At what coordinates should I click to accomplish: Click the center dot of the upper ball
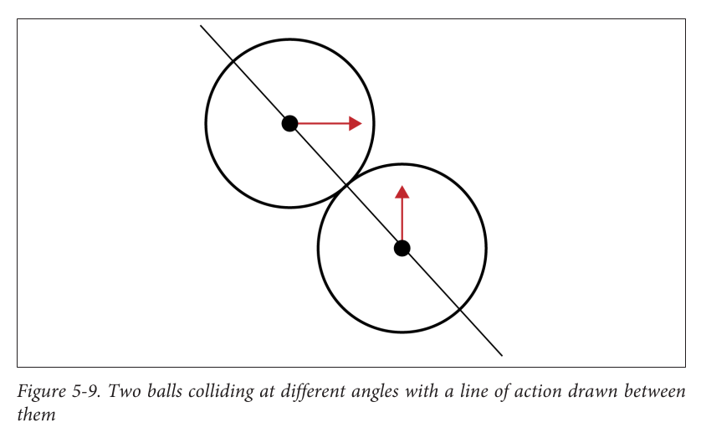pos(289,124)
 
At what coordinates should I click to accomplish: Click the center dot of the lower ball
pos(402,248)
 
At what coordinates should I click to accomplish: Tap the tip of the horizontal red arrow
pos(361,124)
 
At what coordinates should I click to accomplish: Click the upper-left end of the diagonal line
pos(201,26)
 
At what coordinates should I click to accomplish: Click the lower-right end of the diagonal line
pos(501,355)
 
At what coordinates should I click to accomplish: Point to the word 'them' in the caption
pos(36,415)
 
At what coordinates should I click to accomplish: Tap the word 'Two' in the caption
pos(120,392)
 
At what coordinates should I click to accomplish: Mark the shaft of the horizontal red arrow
pos(322,124)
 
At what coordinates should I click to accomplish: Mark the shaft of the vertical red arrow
pos(402,218)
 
